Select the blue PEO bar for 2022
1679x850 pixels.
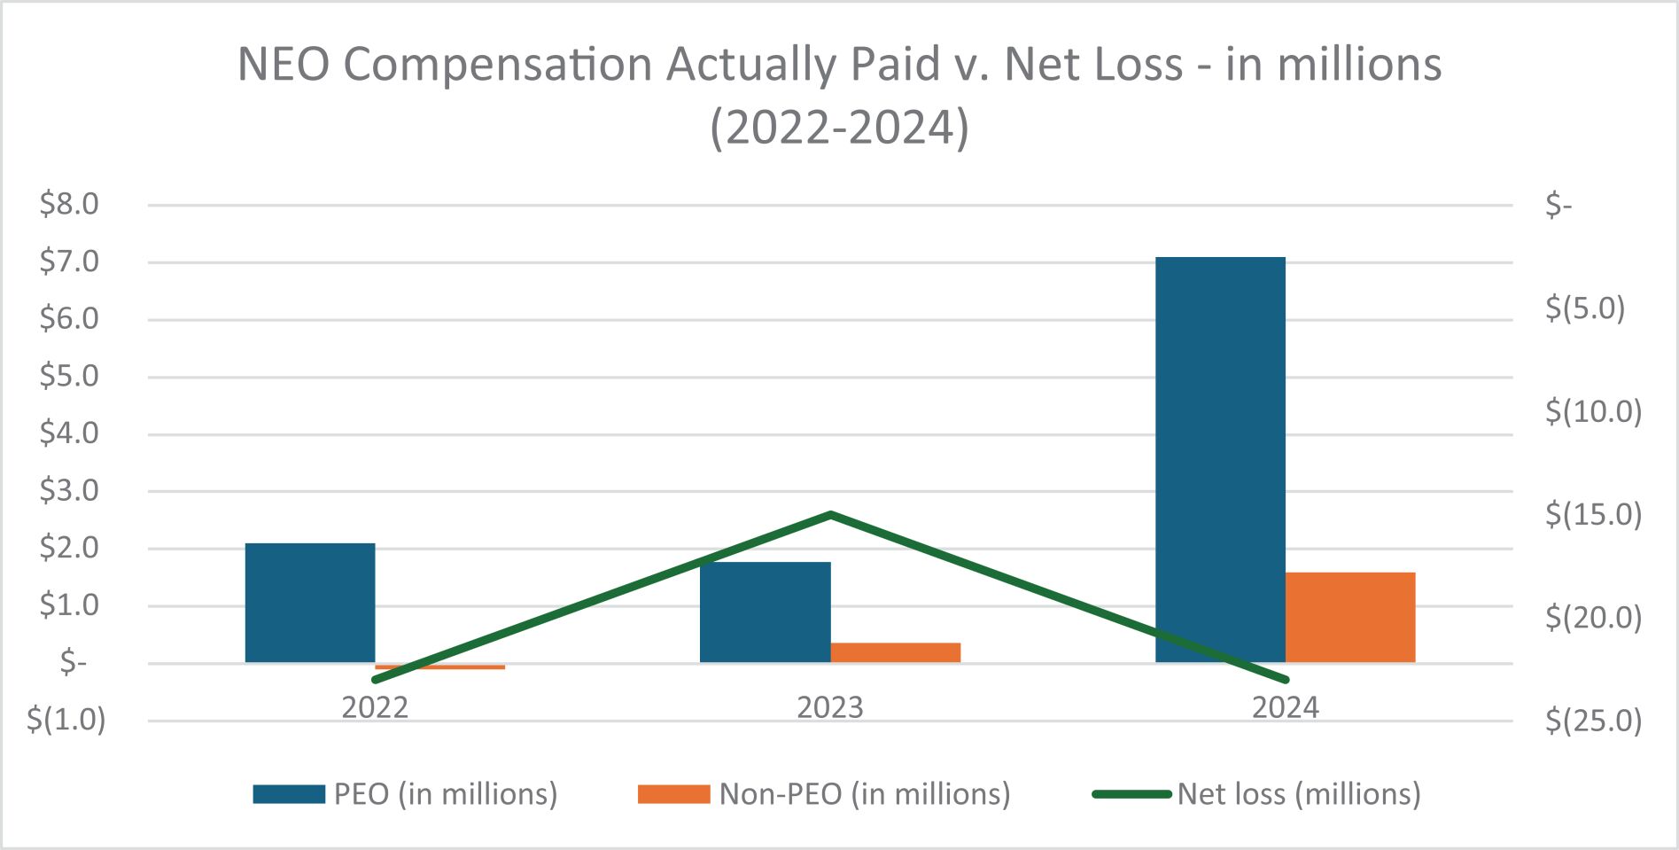pyautogui.click(x=310, y=603)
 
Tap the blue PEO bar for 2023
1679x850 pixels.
pyautogui.click(x=765, y=612)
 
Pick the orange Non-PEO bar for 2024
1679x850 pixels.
pyautogui.click(x=1350, y=617)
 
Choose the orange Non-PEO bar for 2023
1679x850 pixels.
pyautogui.click(x=896, y=652)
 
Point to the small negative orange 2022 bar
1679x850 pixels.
pyautogui.click(x=440, y=667)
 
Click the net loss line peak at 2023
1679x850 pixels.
pyautogui.click(x=830, y=514)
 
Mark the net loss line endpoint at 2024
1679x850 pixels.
pyautogui.click(x=1285, y=680)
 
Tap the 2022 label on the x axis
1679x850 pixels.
pyautogui.click(x=375, y=708)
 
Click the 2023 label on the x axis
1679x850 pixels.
pyautogui.click(x=830, y=708)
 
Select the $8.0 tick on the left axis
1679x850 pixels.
pyautogui.click(x=69, y=205)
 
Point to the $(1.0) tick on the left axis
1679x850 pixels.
pyautogui.click(x=66, y=720)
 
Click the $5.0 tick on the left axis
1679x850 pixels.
pyautogui.click(x=69, y=377)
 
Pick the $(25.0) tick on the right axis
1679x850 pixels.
pyautogui.click(x=1593, y=721)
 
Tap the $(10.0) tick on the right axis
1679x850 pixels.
pyautogui.click(x=1593, y=411)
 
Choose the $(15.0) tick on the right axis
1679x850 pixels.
pyautogui.click(x=1593, y=514)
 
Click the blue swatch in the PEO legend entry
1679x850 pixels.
pyautogui.click(x=289, y=794)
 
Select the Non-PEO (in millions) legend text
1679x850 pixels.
pyautogui.click(x=864, y=794)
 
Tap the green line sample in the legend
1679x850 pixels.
pyautogui.click(x=1131, y=794)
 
